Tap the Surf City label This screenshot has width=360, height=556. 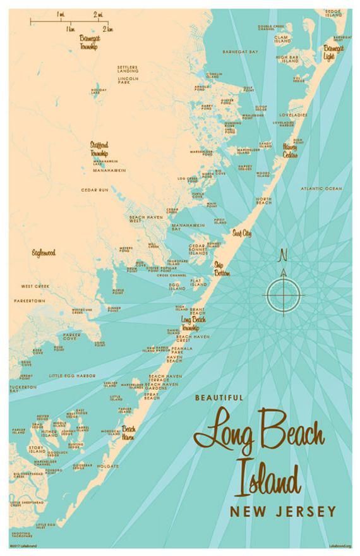[x=241, y=233]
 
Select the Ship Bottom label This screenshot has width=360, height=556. [x=222, y=269]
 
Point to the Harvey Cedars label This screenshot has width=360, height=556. [x=290, y=151]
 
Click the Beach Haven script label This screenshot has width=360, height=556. [x=128, y=433]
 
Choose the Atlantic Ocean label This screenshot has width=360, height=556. [x=321, y=188]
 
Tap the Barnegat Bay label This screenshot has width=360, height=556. [x=241, y=51]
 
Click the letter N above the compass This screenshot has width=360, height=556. [x=283, y=255]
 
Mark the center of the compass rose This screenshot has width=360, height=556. [x=284, y=295]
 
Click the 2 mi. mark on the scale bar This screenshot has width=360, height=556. [x=99, y=14]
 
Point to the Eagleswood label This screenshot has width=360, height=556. [x=44, y=253]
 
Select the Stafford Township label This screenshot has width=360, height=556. [x=99, y=149]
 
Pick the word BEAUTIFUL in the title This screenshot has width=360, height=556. [x=219, y=397]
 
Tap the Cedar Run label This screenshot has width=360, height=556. [x=94, y=190]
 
